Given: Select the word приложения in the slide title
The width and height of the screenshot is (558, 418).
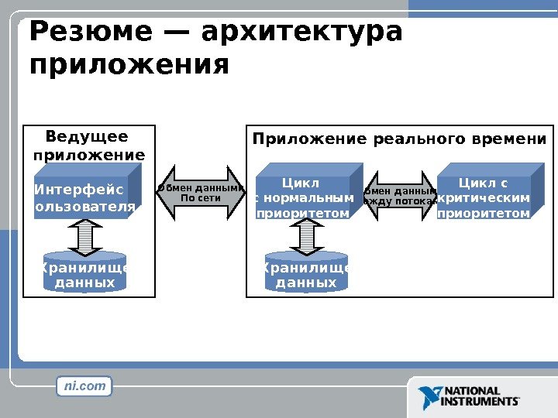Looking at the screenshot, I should (x=129, y=64).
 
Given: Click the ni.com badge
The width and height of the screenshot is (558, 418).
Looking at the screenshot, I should (x=85, y=385).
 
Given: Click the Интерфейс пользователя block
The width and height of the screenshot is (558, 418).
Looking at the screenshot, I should (x=84, y=198).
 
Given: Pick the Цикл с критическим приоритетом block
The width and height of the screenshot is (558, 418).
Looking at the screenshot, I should (x=484, y=198).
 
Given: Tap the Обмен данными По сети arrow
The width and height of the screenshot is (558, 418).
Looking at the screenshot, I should (x=201, y=192).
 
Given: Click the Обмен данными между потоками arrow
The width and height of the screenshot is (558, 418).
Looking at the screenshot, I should (x=399, y=196).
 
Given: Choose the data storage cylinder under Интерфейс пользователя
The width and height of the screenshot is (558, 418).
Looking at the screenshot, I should (x=84, y=272).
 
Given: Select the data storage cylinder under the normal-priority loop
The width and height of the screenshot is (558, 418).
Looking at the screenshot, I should (x=306, y=272).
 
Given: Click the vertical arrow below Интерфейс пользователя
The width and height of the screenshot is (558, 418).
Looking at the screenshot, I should (x=85, y=236).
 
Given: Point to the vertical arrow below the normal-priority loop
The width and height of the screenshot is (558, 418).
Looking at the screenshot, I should (x=307, y=236).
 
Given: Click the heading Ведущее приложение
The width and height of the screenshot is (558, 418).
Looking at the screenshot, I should (x=88, y=146).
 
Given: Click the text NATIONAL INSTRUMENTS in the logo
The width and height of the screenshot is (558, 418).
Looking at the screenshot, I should (x=480, y=396).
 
